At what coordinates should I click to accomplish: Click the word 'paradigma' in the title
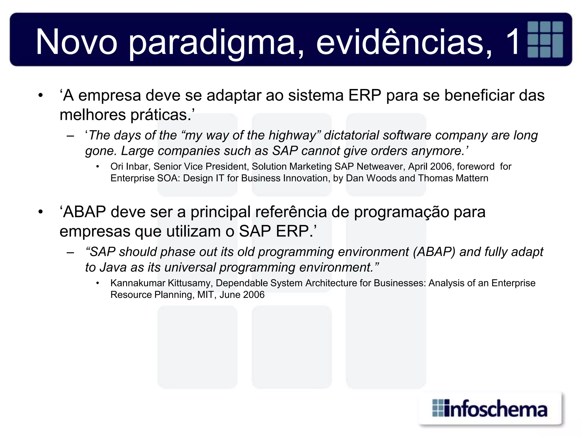[216, 43]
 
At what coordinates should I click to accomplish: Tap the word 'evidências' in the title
[404, 43]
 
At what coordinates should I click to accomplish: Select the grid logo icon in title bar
[545, 40]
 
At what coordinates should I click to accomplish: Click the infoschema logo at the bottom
[489, 409]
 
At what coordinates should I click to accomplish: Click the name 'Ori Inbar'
[129, 166]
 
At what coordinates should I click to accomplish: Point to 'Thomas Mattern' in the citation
[453, 178]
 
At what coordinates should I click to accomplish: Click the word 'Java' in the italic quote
[113, 267]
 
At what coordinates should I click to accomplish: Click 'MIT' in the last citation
[205, 295]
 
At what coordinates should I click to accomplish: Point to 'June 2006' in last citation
[242, 295]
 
